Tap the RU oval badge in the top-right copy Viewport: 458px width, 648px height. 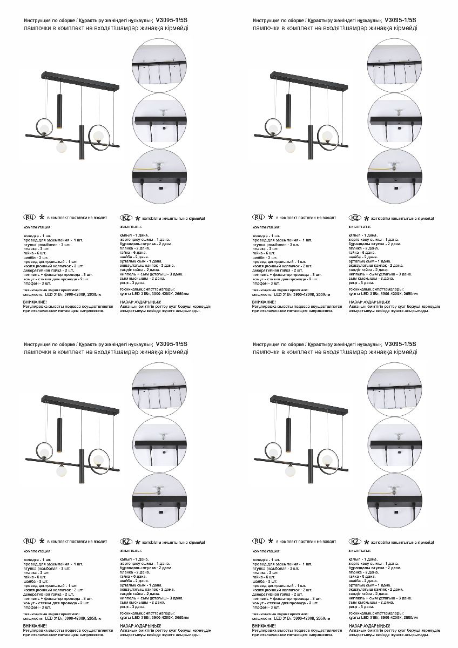coord(258,217)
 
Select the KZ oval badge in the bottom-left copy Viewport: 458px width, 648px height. coord(126,542)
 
